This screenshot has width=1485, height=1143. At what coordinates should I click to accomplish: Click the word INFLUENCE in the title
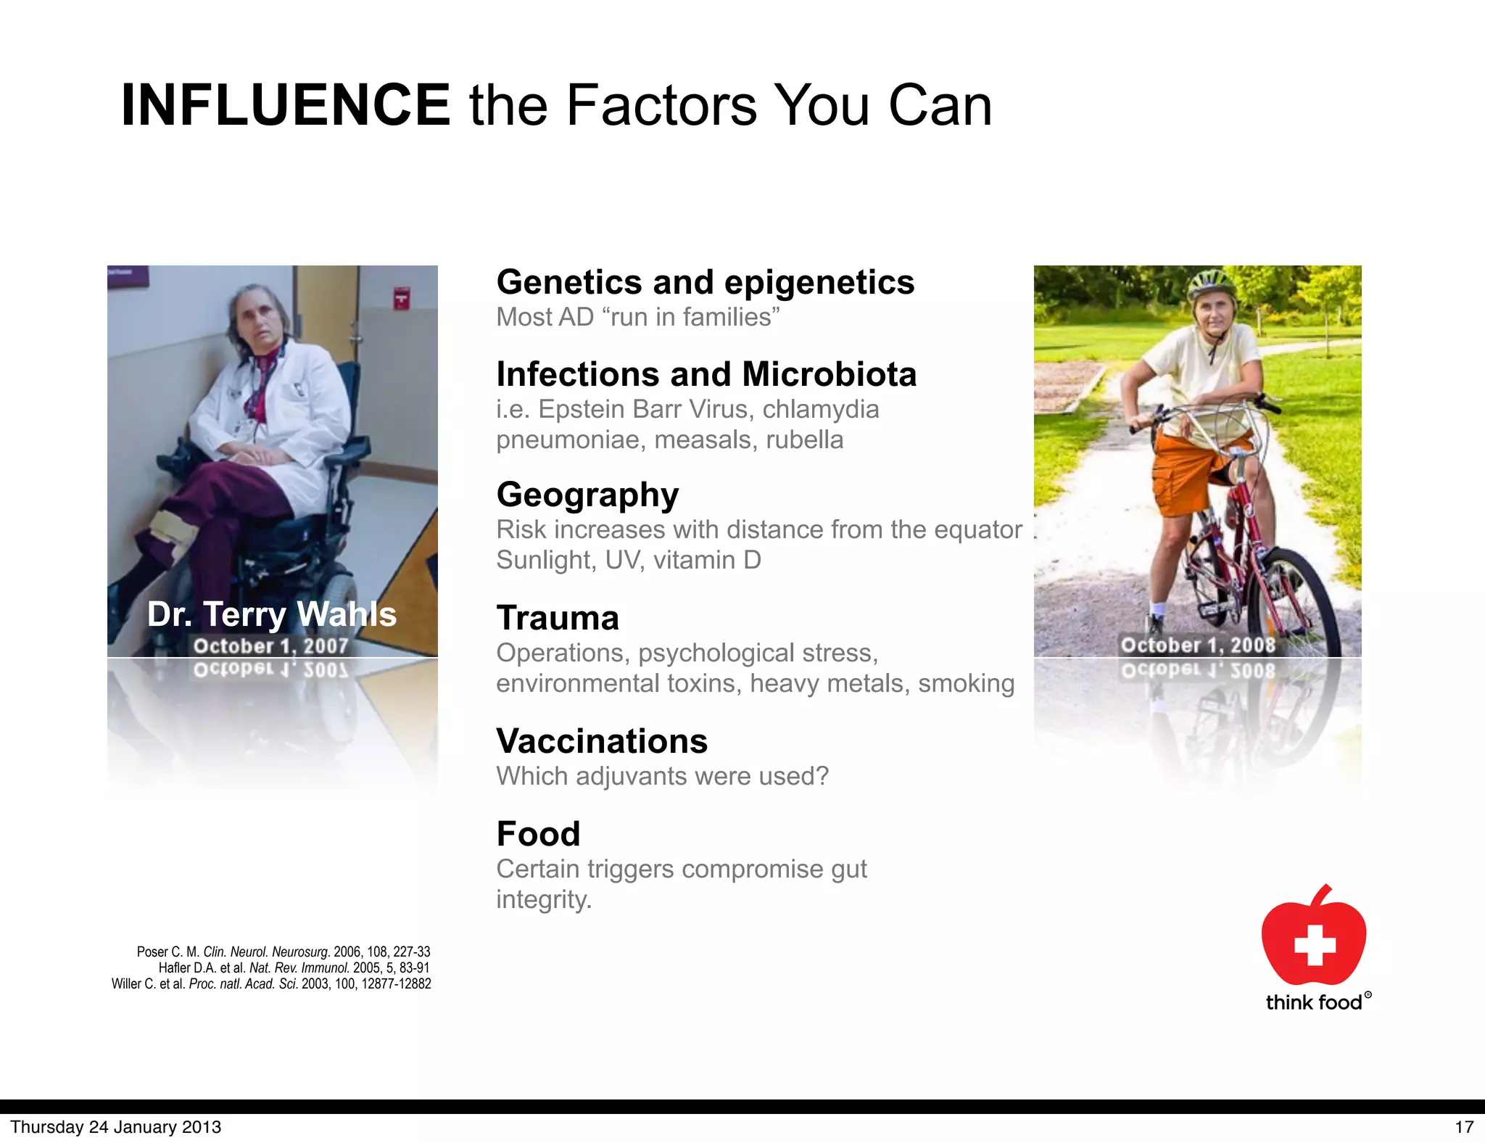285,105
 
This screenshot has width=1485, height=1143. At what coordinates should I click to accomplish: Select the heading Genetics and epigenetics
705,282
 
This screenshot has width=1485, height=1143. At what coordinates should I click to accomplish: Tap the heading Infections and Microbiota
706,374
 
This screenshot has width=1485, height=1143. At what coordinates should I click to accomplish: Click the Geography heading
587,495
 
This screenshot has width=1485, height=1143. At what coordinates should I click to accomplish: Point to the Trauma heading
558,618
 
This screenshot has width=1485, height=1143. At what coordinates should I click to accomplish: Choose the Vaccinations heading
602,741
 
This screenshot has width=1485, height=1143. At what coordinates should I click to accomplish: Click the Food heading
538,834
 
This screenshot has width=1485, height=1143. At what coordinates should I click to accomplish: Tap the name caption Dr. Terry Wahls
272,614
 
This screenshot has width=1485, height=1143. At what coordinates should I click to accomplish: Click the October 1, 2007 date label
271,645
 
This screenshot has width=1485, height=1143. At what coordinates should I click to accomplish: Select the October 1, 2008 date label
1198,645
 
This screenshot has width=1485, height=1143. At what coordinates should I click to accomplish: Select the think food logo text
1314,1002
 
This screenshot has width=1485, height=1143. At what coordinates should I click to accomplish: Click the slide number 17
1464,1127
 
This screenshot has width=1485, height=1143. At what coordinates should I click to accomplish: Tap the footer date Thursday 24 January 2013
116,1127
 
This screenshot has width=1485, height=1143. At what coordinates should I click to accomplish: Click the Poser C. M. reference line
284,952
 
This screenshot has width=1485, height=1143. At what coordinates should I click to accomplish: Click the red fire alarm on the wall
401,297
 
